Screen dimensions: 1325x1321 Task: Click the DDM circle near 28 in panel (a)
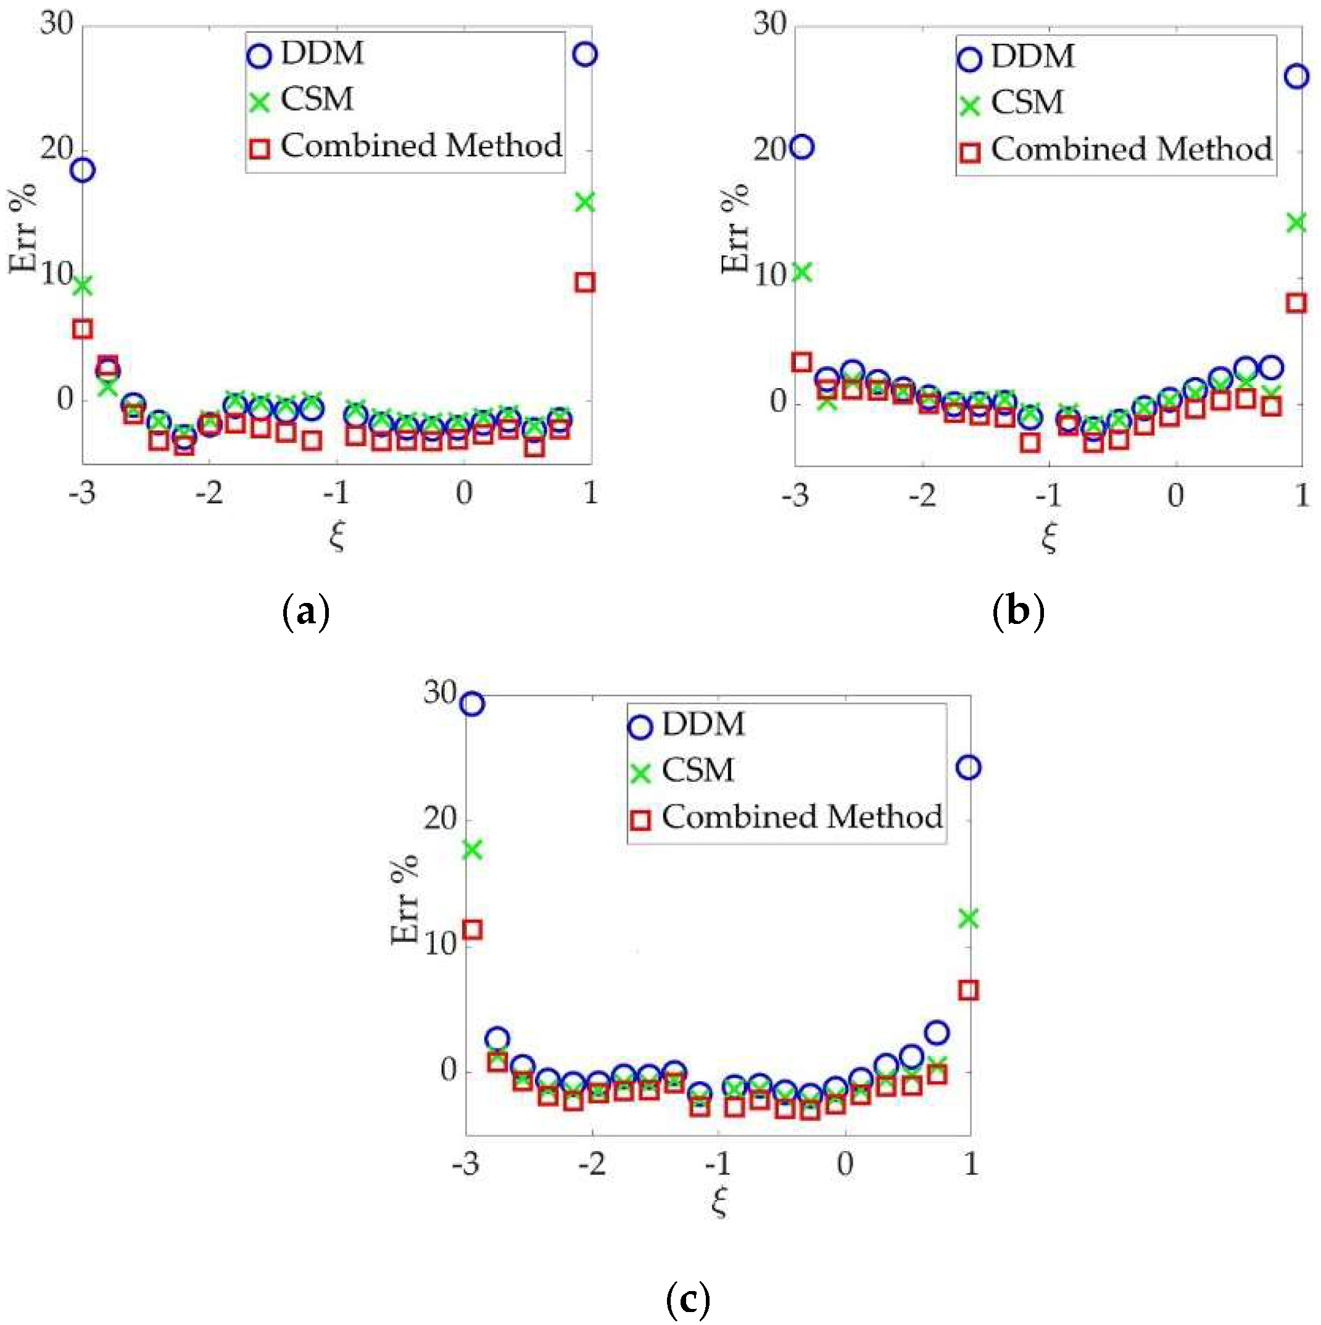585,54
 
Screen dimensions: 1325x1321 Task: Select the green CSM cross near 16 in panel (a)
585,202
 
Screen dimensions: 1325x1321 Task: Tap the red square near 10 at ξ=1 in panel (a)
585,282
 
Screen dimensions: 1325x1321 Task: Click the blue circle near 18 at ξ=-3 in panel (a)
83,169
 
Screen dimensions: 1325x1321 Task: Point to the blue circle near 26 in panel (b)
1296,76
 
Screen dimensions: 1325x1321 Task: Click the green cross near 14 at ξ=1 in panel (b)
1296,222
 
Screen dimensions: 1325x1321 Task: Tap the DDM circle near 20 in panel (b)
801,147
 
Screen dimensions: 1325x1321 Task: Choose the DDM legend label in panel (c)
703,725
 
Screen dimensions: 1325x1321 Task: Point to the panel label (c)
687,1299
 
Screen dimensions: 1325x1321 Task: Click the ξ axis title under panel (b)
1049,537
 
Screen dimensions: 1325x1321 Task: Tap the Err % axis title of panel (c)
405,900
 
